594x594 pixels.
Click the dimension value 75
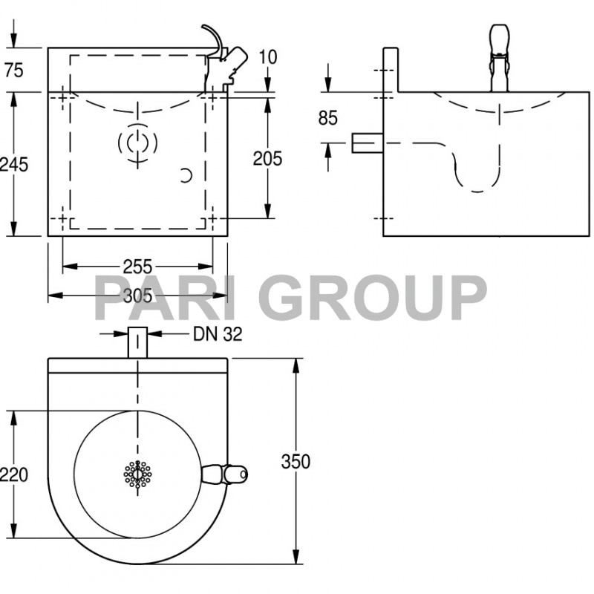pyautogui.click(x=14, y=71)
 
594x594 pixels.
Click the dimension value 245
pyautogui.click(x=14, y=164)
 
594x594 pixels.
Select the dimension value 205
pyautogui.click(x=267, y=158)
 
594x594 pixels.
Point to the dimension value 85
pyautogui.click(x=327, y=118)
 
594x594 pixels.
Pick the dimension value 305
pyautogui.click(x=137, y=296)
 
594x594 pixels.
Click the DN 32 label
pyautogui.click(x=218, y=334)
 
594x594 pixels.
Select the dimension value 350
pyautogui.click(x=296, y=461)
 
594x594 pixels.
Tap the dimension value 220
pyautogui.click(x=14, y=474)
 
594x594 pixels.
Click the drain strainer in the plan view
pyautogui.click(x=137, y=474)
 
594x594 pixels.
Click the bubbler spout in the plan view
pyautogui.click(x=226, y=474)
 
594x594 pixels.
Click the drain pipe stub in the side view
pyautogui.click(x=366, y=143)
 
